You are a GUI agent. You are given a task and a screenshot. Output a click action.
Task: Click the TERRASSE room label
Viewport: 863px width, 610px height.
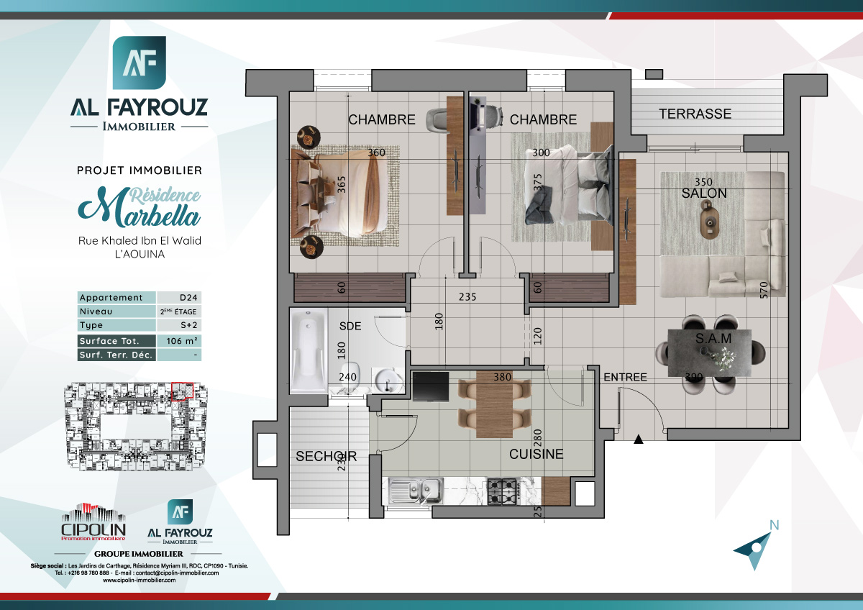point(695,114)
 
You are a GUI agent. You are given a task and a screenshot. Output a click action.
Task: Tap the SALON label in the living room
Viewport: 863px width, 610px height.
point(704,194)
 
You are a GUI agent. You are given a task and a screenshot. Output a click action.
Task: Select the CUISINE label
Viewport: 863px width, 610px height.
point(536,455)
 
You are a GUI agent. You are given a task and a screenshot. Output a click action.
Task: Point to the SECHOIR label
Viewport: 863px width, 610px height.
point(326,457)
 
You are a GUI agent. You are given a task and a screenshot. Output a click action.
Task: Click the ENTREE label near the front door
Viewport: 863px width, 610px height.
point(625,377)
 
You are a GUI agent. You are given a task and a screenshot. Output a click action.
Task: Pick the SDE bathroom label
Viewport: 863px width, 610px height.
point(350,326)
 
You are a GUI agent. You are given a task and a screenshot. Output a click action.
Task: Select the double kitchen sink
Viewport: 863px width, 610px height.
point(416,491)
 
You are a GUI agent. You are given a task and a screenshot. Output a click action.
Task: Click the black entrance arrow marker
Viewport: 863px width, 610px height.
point(638,439)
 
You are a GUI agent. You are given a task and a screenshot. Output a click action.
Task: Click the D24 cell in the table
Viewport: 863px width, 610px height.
point(178,298)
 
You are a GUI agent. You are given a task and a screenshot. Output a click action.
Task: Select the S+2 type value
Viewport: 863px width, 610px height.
point(178,326)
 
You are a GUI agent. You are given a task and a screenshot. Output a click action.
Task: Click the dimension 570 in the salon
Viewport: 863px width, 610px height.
point(764,289)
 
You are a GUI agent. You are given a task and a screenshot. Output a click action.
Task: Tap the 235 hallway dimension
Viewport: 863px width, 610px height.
point(468,296)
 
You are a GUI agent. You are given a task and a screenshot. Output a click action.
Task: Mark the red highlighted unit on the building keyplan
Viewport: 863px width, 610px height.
point(183,390)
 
